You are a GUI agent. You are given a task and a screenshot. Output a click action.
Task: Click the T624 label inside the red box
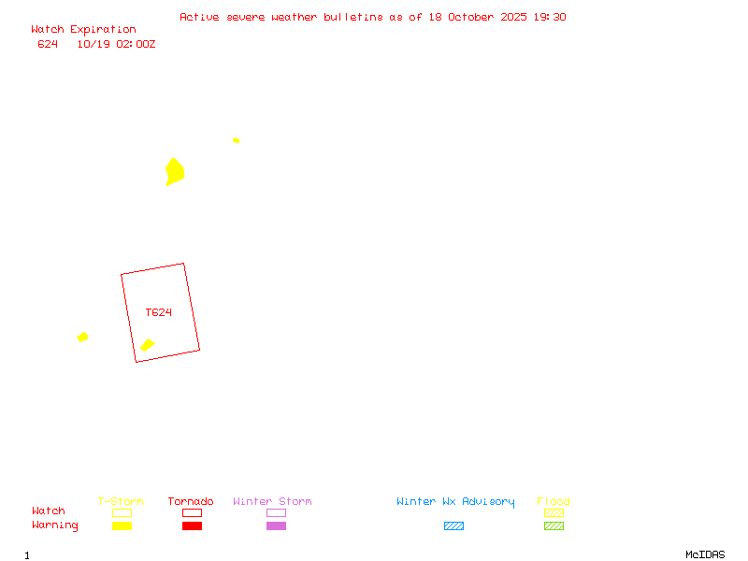point(158,312)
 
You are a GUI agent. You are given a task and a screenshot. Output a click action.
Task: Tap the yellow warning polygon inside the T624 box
point(147,345)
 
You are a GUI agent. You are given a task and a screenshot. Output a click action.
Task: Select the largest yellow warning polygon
point(175,171)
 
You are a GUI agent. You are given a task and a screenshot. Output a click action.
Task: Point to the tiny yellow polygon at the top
point(236,140)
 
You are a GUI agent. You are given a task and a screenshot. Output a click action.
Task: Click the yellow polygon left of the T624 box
point(82,337)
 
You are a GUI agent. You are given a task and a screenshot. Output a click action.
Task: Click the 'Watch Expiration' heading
point(83,30)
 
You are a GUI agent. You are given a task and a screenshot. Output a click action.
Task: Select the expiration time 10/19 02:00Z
point(116,44)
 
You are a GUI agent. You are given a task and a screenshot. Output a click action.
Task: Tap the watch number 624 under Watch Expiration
point(48,44)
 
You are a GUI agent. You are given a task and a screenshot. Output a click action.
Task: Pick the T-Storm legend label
point(121,502)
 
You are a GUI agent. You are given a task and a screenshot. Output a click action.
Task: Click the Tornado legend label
point(191,502)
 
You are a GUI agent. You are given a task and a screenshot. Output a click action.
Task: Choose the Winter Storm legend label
point(272,502)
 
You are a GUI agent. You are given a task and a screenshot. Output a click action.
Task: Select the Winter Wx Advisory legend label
point(455,502)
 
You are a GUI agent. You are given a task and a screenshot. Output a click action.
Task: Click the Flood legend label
point(554,502)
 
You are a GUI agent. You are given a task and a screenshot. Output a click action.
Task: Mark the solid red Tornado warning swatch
point(192,526)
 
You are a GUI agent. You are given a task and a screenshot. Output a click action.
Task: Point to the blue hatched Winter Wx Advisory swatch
point(453,526)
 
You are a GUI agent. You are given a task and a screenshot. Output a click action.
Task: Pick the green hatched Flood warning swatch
point(554,526)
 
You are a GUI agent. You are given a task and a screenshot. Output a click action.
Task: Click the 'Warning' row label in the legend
point(55,525)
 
